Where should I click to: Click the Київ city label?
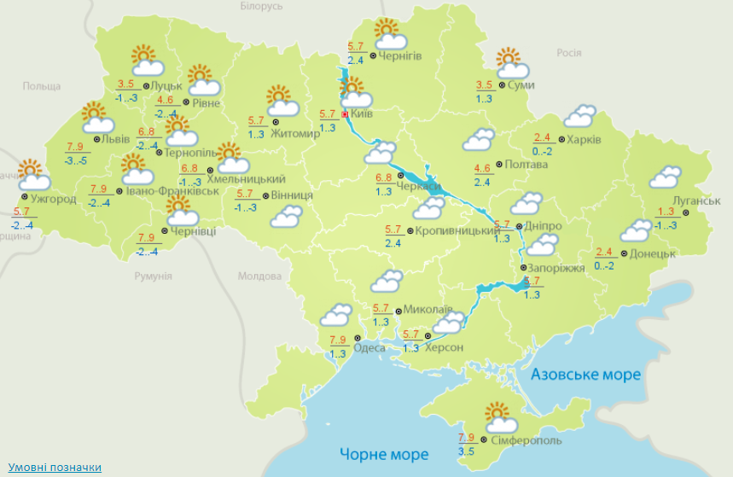point(362,113)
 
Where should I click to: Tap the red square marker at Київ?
point(345,113)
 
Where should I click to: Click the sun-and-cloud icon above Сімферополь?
point(500,418)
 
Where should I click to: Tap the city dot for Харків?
point(561,139)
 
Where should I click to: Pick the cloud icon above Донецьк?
point(637,230)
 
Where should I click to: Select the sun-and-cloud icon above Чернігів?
point(388,34)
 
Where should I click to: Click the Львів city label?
point(115,139)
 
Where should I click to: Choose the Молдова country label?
point(259,276)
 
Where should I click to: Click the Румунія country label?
point(154,276)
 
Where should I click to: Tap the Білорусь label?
point(261,6)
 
